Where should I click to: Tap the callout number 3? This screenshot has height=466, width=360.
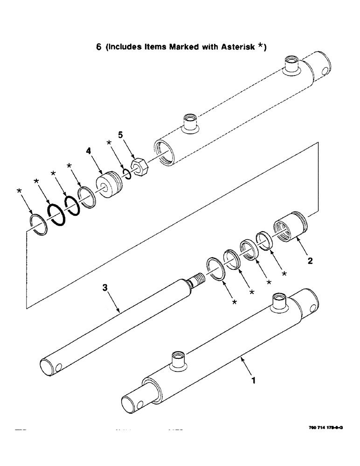[x=105, y=289]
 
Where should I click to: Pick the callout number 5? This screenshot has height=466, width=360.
[x=120, y=135]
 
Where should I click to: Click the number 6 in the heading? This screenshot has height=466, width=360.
[x=99, y=48]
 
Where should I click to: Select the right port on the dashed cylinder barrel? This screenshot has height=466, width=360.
[x=291, y=65]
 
